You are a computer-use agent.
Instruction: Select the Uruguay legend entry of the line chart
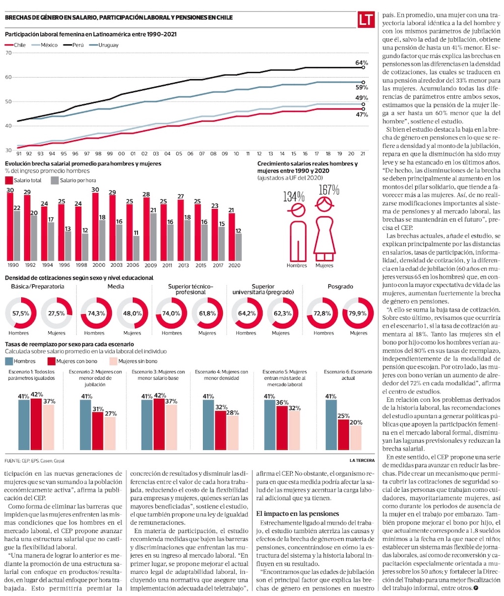(x=108, y=45)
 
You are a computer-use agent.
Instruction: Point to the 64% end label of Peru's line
(x=361, y=63)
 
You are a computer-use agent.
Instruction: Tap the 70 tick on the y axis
(x=8, y=52)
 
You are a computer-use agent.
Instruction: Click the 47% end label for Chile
(x=361, y=115)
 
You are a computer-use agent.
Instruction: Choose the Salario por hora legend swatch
(x=54, y=180)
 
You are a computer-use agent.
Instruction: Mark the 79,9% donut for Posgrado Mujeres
(x=358, y=313)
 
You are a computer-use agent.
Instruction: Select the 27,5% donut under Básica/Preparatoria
(x=56, y=313)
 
